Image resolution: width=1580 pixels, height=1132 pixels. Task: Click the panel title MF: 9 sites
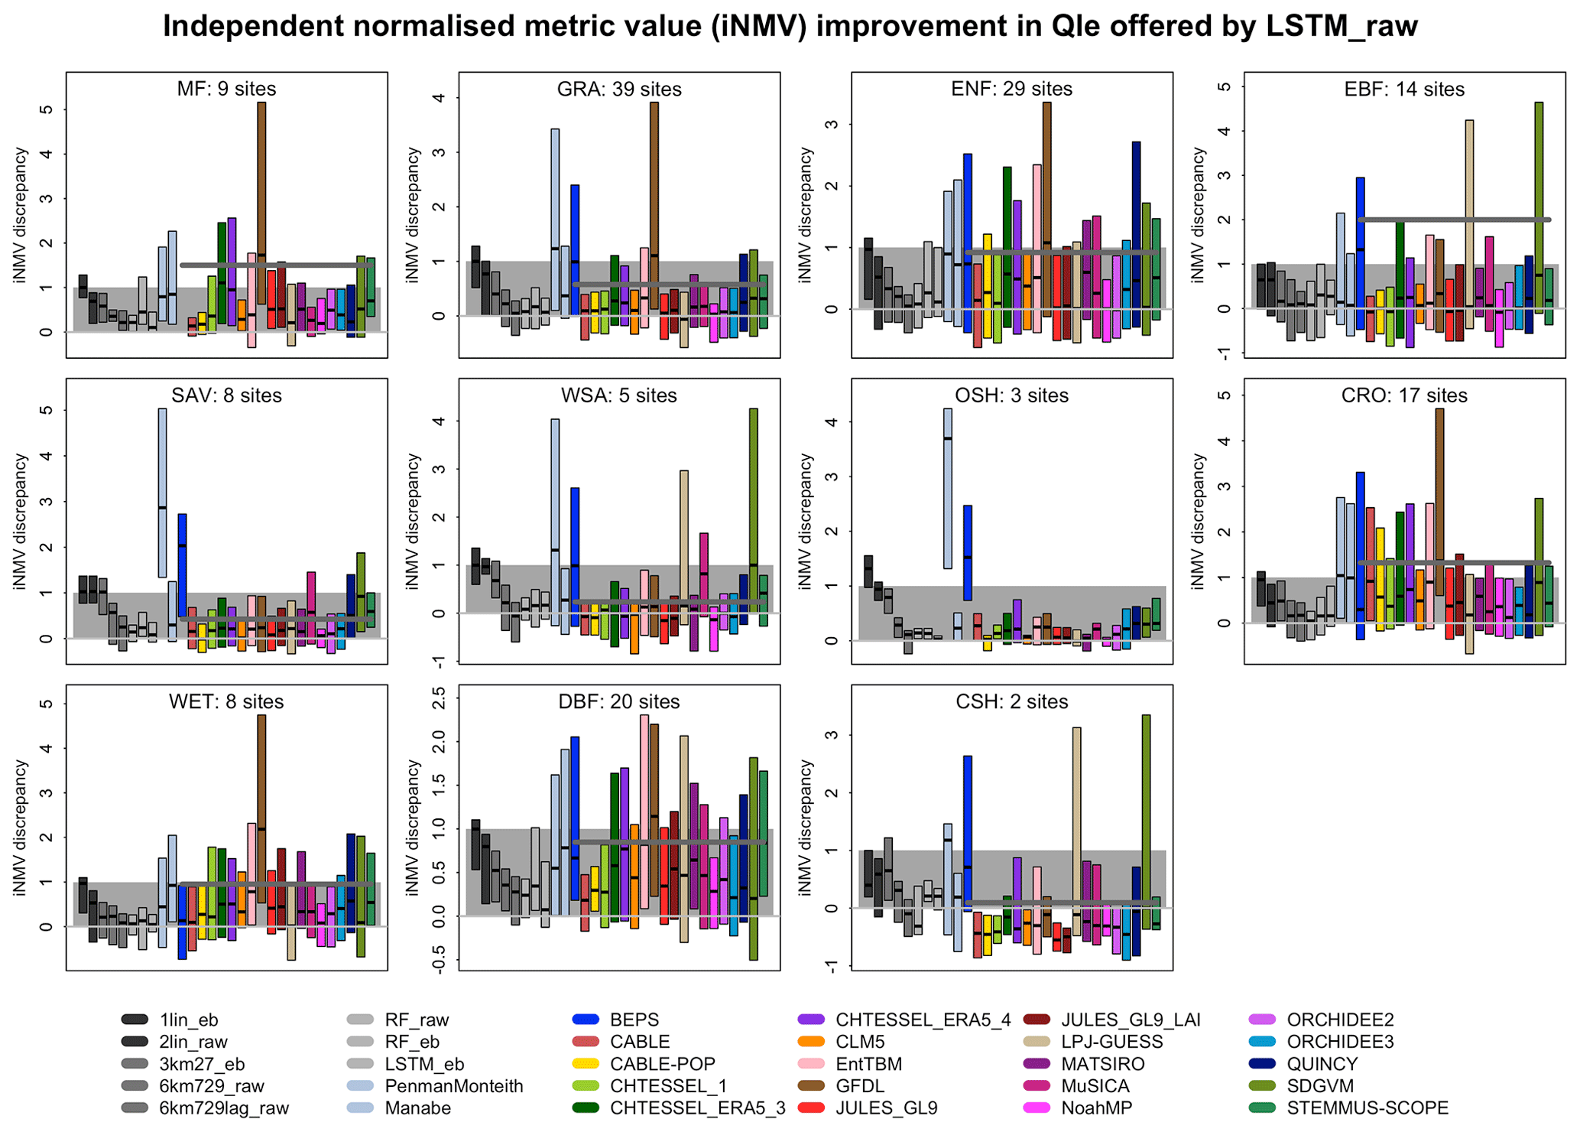[x=226, y=89]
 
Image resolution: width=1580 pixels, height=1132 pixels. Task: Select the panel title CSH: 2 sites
[x=1011, y=702]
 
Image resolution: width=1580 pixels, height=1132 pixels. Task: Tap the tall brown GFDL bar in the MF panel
[x=261, y=203]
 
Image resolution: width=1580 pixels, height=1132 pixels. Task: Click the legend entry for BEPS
[x=634, y=1020]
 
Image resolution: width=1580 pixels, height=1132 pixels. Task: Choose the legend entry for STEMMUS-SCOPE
[x=1367, y=1108]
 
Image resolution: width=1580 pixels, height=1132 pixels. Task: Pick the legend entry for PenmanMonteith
[x=453, y=1086]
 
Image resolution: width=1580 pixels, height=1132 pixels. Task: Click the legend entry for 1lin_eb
[x=188, y=1020]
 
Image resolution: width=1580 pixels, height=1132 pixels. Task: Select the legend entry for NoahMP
[x=1096, y=1108]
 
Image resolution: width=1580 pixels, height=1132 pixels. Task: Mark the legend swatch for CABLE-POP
[x=586, y=1064]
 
